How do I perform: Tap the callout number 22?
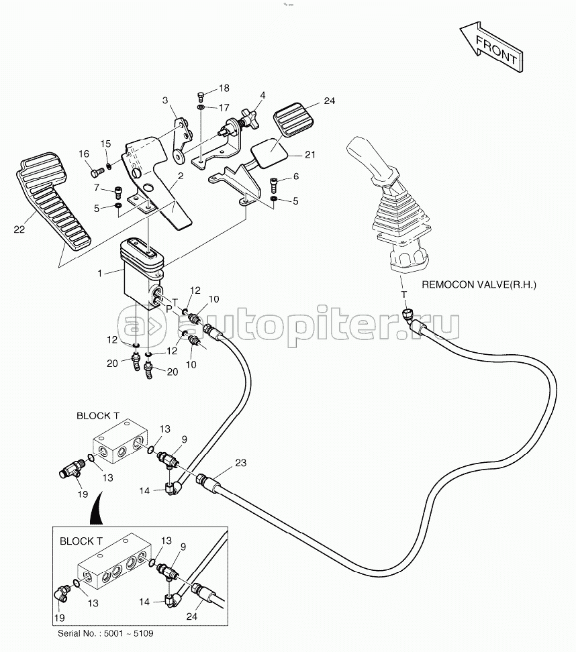pyautogui.click(x=19, y=229)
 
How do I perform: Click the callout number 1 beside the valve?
pyautogui.click(x=100, y=273)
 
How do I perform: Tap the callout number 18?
pyautogui.click(x=224, y=88)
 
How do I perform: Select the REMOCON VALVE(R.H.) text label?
pyautogui.click(x=479, y=285)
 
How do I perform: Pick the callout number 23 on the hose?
pyautogui.click(x=240, y=463)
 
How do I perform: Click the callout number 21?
pyautogui.click(x=310, y=155)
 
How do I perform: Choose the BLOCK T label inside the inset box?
pyautogui.click(x=81, y=541)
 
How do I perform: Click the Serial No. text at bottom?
pyautogui.click(x=105, y=634)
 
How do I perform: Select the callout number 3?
pyautogui.click(x=165, y=100)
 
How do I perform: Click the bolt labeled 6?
pyautogui.click(x=273, y=182)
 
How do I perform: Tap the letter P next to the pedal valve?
pyautogui.click(x=169, y=309)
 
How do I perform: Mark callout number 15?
pyautogui.click(x=105, y=144)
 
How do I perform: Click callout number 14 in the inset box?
pyautogui.click(x=144, y=602)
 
